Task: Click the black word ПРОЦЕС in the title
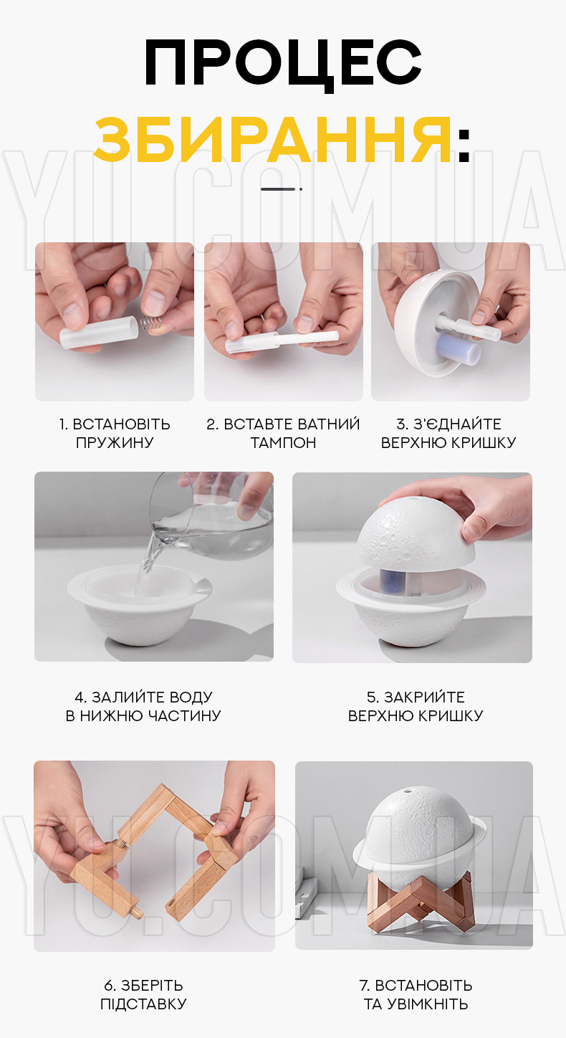(x=283, y=64)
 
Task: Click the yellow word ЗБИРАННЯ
(x=273, y=140)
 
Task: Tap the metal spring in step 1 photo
(x=151, y=323)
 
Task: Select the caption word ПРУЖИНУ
(x=115, y=442)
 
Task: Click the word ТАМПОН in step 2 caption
(x=284, y=442)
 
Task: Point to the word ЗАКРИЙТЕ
(x=424, y=697)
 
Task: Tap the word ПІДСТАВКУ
(x=143, y=1004)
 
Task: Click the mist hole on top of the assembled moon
(x=409, y=789)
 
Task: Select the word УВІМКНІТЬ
(x=428, y=1004)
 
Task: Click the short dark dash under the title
(x=278, y=189)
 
